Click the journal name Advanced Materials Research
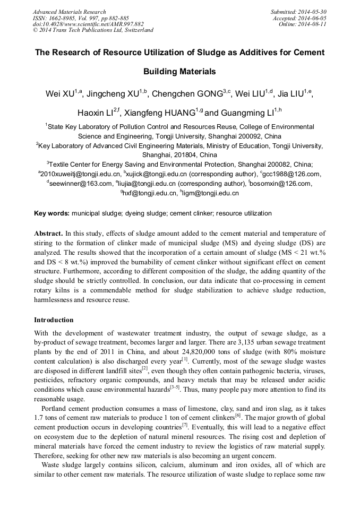click(69, 12)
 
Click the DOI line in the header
click(88, 24)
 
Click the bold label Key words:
click(52, 213)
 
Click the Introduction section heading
click(54, 320)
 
